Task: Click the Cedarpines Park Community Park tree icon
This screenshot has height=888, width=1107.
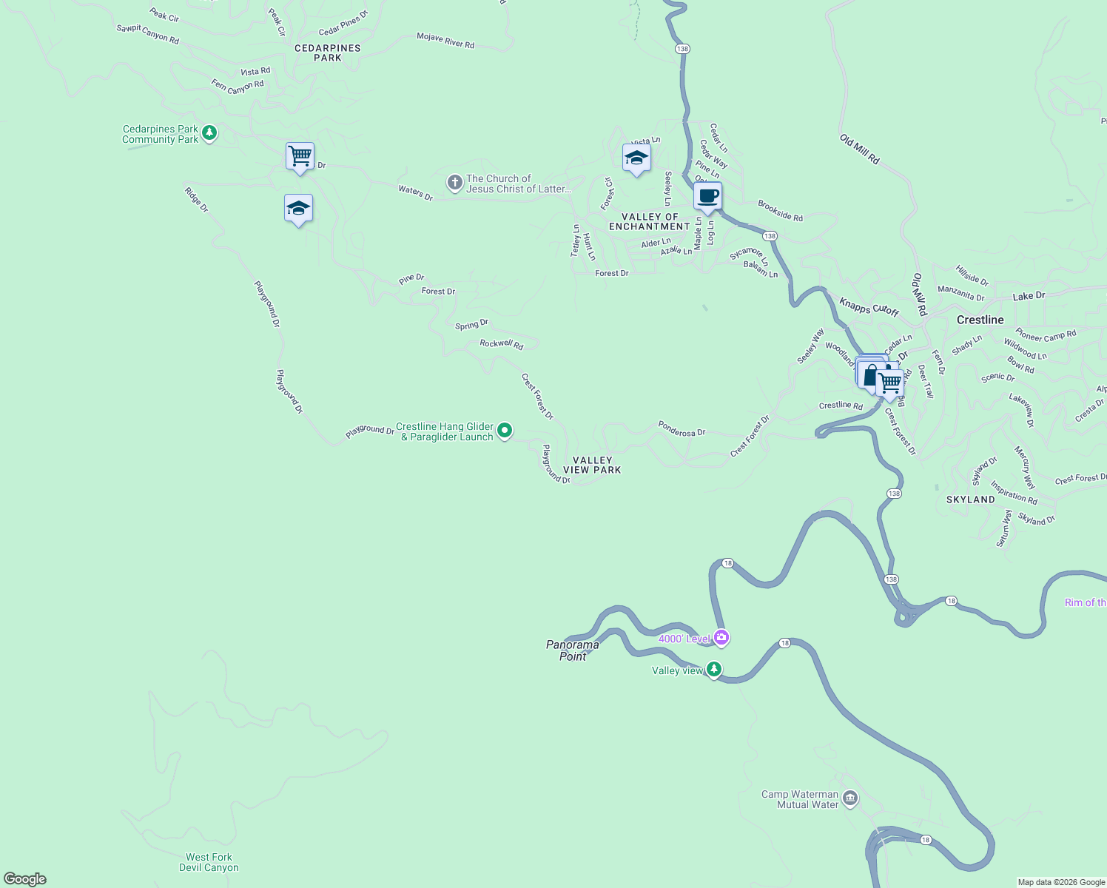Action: (x=209, y=133)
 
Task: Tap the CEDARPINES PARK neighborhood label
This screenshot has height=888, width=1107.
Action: (x=327, y=53)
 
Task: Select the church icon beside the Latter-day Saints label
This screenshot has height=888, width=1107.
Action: (x=454, y=183)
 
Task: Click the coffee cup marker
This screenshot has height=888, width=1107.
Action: (x=707, y=197)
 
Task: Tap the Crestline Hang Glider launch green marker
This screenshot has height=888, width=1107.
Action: (x=505, y=430)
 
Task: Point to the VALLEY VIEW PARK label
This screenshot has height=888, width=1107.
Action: (x=592, y=465)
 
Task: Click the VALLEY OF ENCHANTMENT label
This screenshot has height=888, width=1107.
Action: (x=649, y=221)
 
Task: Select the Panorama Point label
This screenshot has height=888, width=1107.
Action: (x=572, y=650)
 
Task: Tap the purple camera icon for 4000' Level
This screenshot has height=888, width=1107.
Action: (x=721, y=637)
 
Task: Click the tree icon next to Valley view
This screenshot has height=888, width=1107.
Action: (x=713, y=670)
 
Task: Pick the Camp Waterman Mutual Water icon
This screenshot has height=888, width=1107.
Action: (x=850, y=798)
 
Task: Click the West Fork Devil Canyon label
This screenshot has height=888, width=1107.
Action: (x=209, y=862)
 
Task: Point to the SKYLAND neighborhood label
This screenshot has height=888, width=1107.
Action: (x=970, y=499)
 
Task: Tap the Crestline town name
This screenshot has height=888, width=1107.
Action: (x=980, y=320)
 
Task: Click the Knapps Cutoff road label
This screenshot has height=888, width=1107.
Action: (x=869, y=306)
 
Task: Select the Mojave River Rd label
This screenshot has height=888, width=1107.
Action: (x=445, y=40)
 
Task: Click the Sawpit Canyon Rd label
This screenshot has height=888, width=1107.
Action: (x=147, y=34)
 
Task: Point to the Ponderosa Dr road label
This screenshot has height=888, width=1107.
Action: (x=682, y=428)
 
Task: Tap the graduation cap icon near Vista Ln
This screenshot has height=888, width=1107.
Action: (x=636, y=158)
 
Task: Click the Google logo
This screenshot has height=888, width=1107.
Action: (x=25, y=878)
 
